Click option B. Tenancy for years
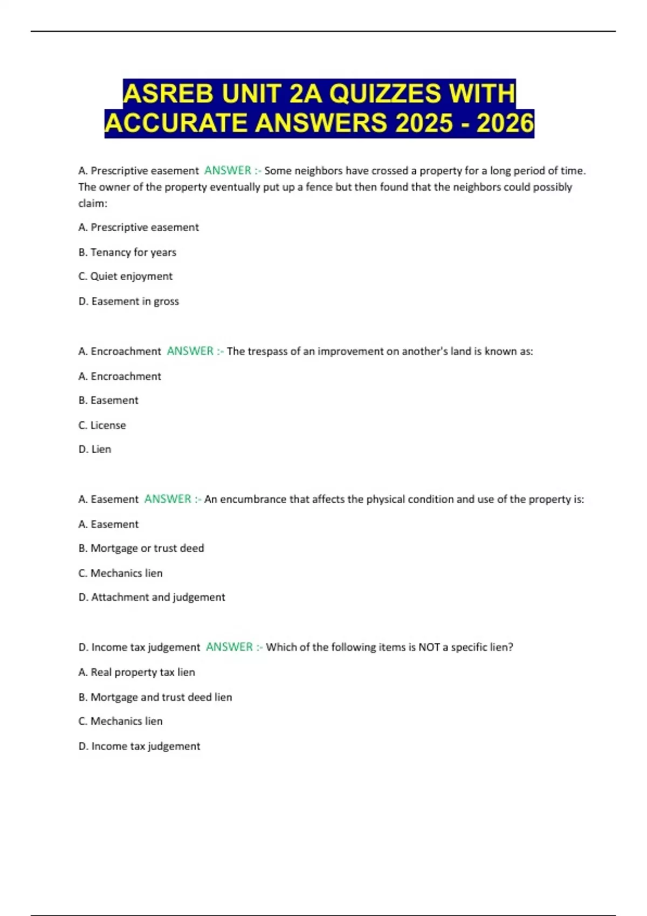click(x=127, y=252)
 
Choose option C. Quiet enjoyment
click(x=125, y=276)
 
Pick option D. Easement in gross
click(x=128, y=301)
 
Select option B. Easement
click(x=108, y=400)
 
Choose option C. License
click(x=102, y=425)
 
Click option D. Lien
click(x=95, y=449)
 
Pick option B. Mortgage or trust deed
click(x=141, y=549)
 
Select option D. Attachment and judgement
click(x=152, y=597)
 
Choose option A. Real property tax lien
click(x=136, y=672)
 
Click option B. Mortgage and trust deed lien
click(x=155, y=697)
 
